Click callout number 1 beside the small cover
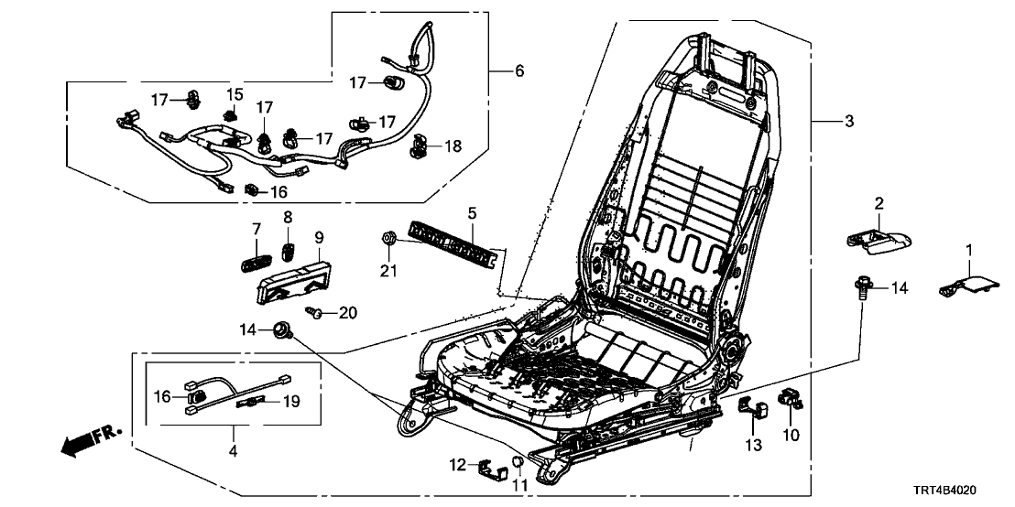(970, 250)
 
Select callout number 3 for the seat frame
(848, 123)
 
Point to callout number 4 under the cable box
(233, 450)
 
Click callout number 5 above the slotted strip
(473, 215)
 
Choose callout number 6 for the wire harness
(519, 71)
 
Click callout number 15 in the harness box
(235, 95)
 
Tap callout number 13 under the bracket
(754, 445)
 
